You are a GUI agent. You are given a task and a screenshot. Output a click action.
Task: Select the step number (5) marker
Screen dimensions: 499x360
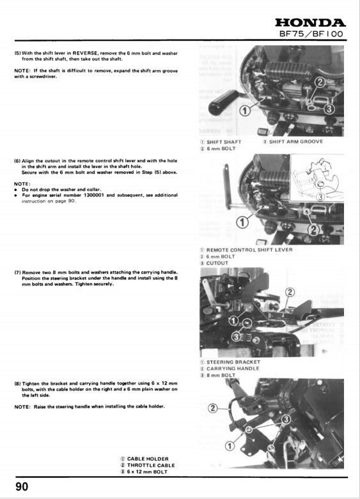tap(18, 53)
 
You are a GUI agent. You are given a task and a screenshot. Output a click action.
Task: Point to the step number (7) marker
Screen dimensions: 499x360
tap(18, 272)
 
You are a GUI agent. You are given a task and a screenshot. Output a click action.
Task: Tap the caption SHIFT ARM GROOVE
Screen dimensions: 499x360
tap(295, 141)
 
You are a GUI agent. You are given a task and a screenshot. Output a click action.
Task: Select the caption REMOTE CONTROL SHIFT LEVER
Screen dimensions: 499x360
tap(249, 250)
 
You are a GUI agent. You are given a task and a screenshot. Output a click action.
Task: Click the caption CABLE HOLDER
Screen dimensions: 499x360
tap(148, 459)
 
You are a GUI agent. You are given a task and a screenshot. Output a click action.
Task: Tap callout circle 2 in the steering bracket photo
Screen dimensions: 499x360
tap(289, 292)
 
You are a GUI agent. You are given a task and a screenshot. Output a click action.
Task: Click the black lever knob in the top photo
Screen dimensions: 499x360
tap(224, 99)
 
